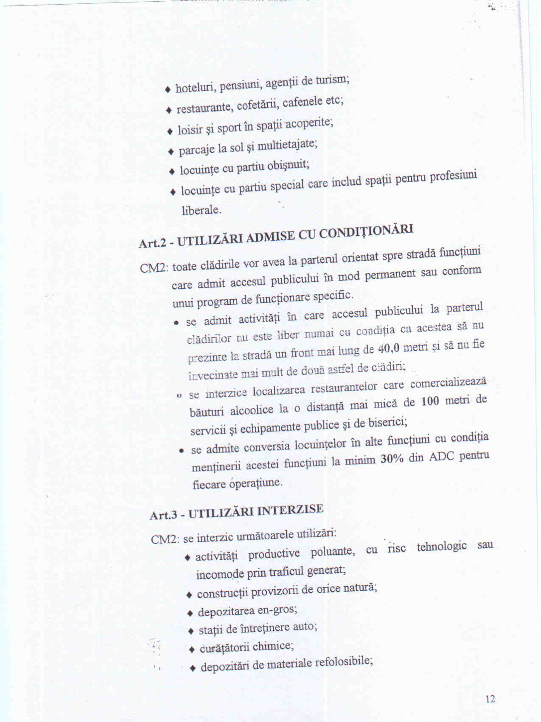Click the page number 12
490,699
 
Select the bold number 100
430,401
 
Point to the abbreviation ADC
442,457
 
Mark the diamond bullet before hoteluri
168,89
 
